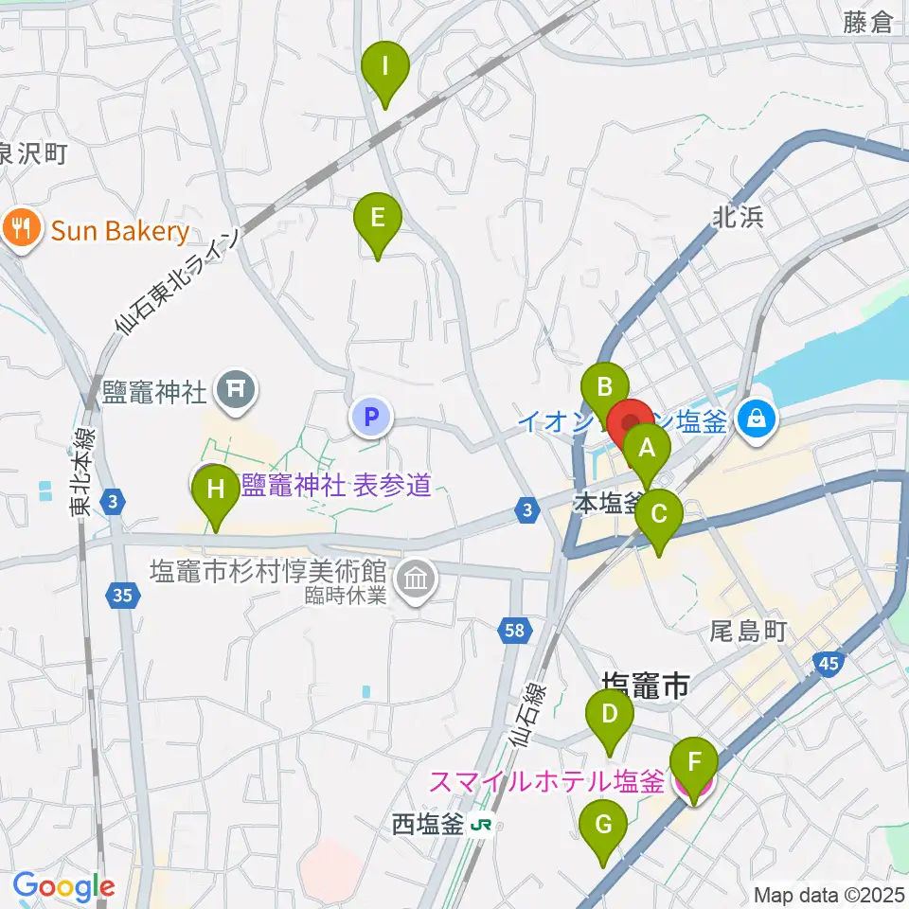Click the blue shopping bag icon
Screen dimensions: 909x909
[757, 417]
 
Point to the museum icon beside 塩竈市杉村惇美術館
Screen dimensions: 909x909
[415, 575]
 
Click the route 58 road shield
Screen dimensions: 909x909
[512, 630]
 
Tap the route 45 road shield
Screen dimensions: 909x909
[827, 665]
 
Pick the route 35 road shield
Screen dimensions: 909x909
[121, 596]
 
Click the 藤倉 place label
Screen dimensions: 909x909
[867, 23]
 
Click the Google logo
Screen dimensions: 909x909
[63, 886]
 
